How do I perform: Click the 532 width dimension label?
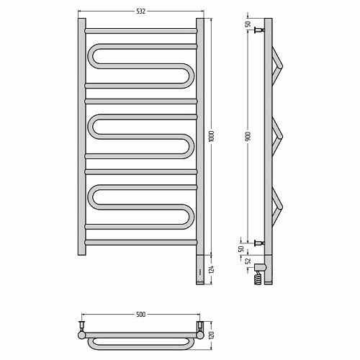tap(141, 12)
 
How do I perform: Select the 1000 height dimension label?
tap(212, 136)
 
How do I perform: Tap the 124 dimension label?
tap(212, 269)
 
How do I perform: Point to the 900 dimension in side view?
tap(248, 136)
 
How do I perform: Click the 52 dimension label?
tap(248, 261)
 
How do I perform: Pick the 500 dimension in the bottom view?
tap(141, 315)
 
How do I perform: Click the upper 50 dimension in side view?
tap(248, 24)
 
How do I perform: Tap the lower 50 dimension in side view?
tap(241, 248)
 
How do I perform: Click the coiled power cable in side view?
tap(258, 278)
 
